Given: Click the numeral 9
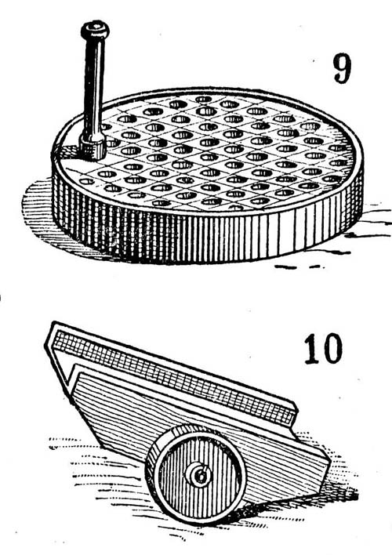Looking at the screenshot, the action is tap(343, 69).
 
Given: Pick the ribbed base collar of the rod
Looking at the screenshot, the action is tap(92, 147).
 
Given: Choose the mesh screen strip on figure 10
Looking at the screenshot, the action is tap(173, 377).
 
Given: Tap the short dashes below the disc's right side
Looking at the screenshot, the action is tap(299, 267).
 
